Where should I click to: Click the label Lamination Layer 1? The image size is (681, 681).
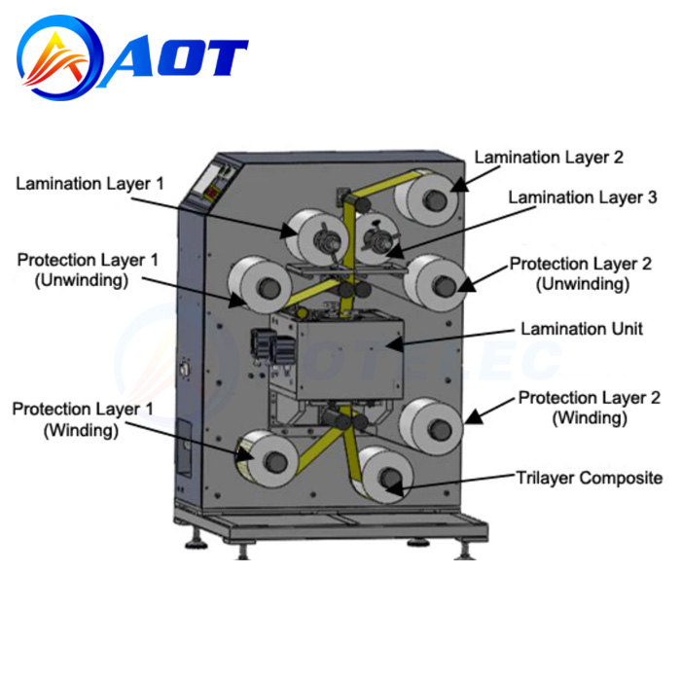[90, 184]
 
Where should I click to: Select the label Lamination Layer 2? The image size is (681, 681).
[549, 158]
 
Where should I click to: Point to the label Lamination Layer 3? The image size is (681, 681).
[583, 197]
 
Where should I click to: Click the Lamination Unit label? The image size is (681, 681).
[582, 329]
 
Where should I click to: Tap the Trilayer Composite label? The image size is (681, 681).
[590, 478]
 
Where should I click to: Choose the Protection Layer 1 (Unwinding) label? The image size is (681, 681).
[88, 269]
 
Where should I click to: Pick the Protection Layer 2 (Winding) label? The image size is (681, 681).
[590, 408]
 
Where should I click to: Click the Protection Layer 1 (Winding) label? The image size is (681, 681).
[83, 419]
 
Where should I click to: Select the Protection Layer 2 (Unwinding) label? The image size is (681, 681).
[581, 273]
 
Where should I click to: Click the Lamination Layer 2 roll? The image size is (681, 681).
[427, 197]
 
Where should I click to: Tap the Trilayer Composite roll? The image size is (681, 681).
[383, 475]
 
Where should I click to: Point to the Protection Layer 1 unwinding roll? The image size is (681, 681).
[260, 285]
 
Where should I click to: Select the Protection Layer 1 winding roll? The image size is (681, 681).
[268, 458]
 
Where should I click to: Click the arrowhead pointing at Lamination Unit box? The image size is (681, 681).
[394, 344]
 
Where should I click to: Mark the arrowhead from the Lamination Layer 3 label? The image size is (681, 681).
[394, 251]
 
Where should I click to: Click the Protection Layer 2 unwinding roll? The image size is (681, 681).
[435, 283]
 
